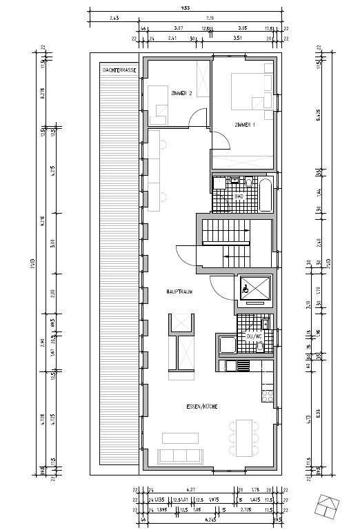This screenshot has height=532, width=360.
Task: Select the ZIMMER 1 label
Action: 245,125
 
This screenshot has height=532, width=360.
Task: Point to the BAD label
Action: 239,196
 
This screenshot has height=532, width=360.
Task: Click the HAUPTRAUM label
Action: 179,292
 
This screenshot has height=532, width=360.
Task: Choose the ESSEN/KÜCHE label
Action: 202,407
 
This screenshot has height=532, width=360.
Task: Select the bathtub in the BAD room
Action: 266,194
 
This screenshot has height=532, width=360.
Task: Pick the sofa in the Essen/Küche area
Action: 180,456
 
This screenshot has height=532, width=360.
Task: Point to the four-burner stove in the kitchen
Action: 266,395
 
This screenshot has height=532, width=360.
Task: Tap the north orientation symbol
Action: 329,507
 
